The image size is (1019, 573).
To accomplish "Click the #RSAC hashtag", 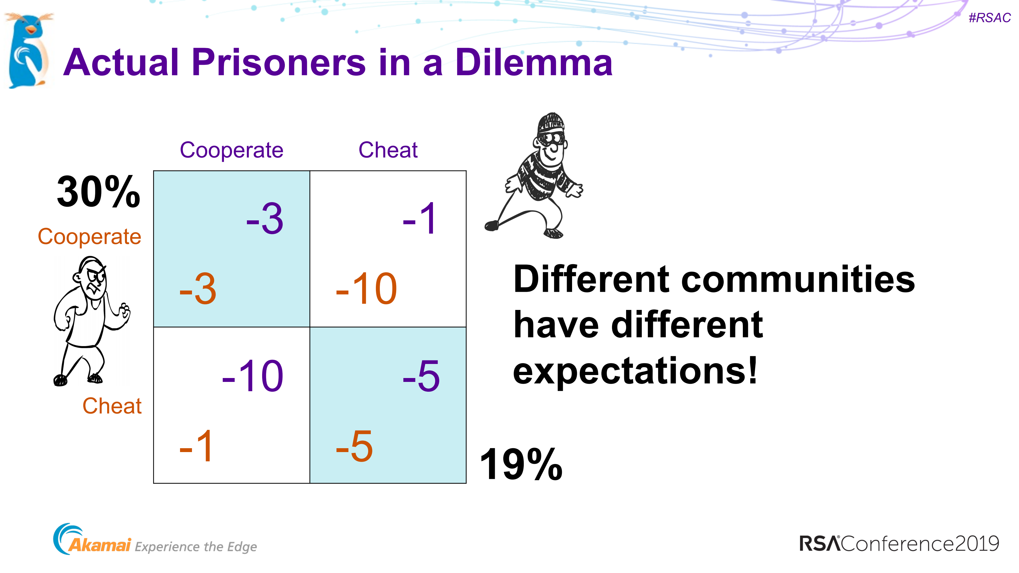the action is pos(989,18).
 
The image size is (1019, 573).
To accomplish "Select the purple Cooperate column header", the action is pos(231,150).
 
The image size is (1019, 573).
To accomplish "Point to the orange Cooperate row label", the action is pos(89,237).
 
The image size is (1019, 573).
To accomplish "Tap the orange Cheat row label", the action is pos(112,406).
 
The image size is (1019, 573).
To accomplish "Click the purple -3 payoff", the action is pos(265,219).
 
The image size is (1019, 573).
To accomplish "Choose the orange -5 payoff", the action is pos(354,446).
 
